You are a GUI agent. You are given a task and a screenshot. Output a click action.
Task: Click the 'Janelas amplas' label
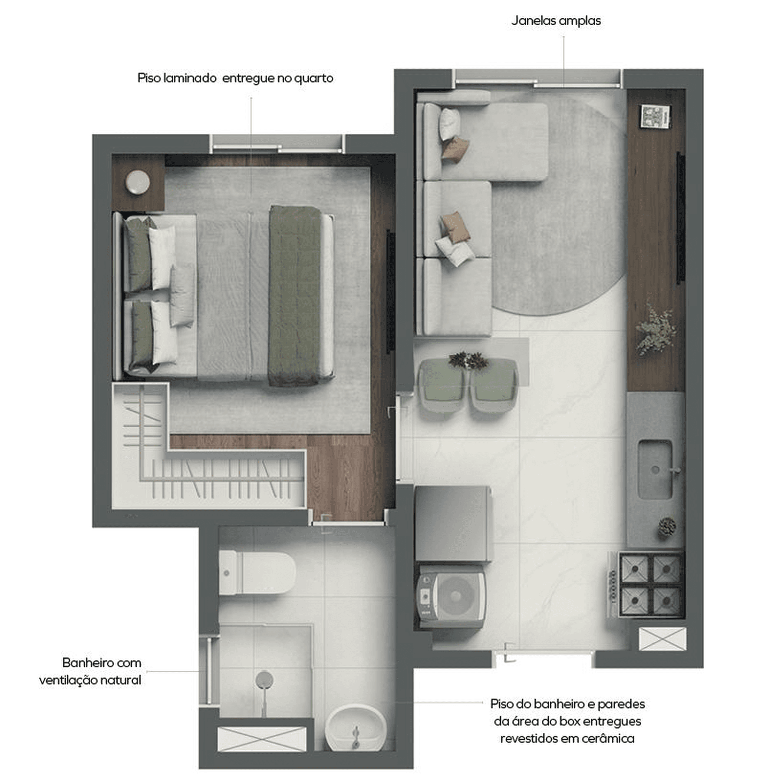556,21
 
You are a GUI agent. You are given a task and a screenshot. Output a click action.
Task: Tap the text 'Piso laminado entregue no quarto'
235,78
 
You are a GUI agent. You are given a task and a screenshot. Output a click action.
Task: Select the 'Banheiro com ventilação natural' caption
91,671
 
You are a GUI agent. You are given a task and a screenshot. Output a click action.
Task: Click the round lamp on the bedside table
138,182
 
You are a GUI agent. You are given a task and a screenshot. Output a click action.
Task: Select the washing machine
450,596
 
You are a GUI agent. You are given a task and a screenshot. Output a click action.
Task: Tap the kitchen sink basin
655,470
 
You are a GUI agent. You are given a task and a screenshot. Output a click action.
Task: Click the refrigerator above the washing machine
453,524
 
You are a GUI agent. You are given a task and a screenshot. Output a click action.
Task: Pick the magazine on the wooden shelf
655,116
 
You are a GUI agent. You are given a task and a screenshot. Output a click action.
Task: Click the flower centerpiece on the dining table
468,360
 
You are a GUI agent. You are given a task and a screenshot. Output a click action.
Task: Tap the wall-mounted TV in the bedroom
391,292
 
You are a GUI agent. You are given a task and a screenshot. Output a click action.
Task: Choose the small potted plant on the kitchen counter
667,527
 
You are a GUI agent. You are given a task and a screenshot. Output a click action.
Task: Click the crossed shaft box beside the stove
662,639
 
